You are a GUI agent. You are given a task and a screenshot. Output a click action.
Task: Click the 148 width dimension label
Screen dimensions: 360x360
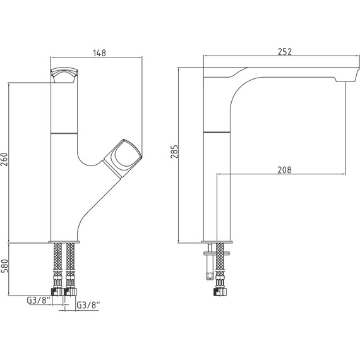pyautogui.click(x=99, y=53)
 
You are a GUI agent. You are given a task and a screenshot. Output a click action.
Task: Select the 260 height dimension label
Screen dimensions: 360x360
pyautogui.click(x=4, y=159)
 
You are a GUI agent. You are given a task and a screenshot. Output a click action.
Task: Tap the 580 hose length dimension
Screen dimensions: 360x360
pyautogui.click(x=4, y=266)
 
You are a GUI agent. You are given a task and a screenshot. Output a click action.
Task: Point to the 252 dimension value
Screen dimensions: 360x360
pyautogui.click(x=285, y=52)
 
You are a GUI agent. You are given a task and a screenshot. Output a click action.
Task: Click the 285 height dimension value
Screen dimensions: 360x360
pyautogui.click(x=174, y=152)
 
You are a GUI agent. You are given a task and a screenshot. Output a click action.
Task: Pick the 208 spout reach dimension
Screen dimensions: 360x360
pyautogui.click(x=284, y=170)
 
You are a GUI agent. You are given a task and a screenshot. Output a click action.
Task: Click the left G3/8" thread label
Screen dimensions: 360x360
pyautogui.click(x=39, y=300)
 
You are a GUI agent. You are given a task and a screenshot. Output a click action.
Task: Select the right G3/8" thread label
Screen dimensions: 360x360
pyautogui.click(x=88, y=305)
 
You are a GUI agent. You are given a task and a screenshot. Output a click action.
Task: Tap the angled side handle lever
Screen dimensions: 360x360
pyautogui.click(x=123, y=159)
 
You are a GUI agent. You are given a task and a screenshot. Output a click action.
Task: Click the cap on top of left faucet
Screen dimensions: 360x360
pyautogui.click(x=64, y=75)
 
